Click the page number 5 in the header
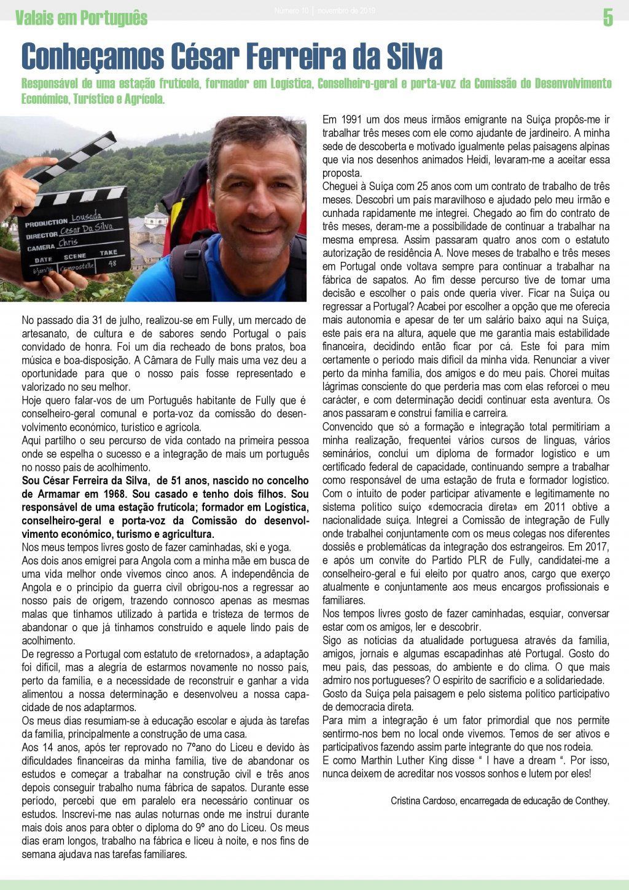tap(608, 18)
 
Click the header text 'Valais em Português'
tap(81, 18)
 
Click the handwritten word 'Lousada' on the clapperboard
tap(87, 217)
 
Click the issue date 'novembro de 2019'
tap(346, 11)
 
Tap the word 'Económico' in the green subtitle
tap(44, 98)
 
